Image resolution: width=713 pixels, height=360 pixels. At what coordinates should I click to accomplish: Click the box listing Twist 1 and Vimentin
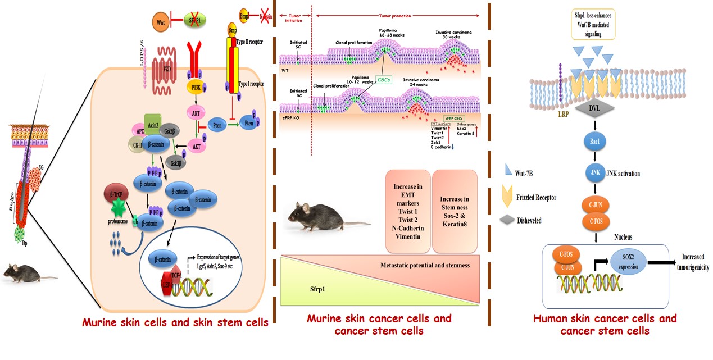coord(408,211)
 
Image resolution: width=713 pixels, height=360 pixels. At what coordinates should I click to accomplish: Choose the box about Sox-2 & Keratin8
coord(455,211)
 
